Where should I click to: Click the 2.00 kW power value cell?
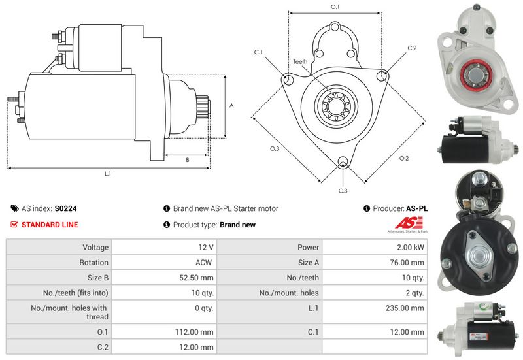tap(410, 248)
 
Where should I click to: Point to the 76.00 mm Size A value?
tap(408, 263)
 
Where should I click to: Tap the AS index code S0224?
tap(66, 209)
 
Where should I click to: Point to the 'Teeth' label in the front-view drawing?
tap(300, 62)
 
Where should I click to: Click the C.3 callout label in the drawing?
tap(343, 191)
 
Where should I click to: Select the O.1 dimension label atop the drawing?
tap(335, 7)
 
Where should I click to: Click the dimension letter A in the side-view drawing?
tap(231, 105)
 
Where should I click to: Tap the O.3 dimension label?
tap(275, 149)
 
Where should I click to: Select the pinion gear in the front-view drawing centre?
tap(335, 105)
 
